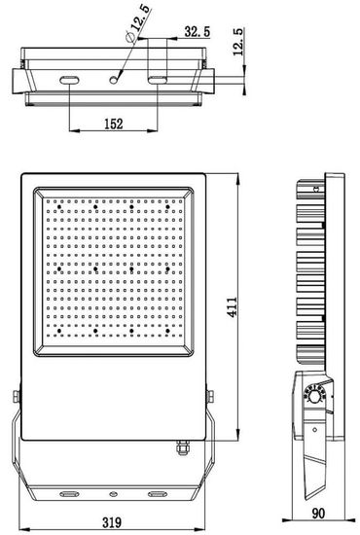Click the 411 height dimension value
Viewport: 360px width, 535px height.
coord(259,305)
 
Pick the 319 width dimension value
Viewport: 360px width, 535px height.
coord(113,523)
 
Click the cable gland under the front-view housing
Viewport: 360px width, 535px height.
coord(178,448)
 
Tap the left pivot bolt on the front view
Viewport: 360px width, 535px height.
coord(16,395)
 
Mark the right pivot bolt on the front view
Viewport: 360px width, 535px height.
coord(211,395)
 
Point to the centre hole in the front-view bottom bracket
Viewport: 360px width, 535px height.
coord(113,494)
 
